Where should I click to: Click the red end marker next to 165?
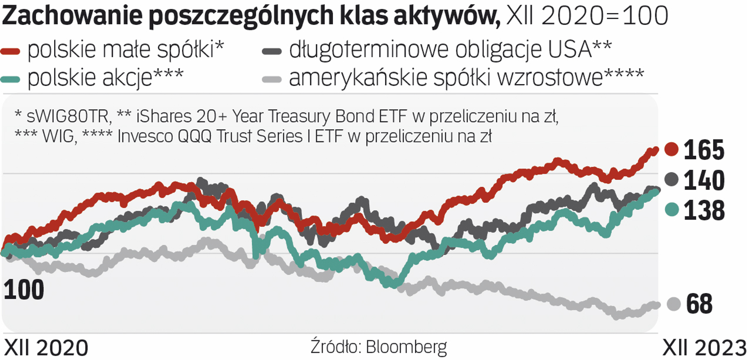pyautogui.click(x=671, y=149)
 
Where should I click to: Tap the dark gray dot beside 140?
pyautogui.click(x=671, y=179)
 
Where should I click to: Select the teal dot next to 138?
pyautogui.click(x=672, y=209)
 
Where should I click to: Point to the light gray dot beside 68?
pyautogui.click(x=673, y=304)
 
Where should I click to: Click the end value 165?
pyautogui.click(x=704, y=150)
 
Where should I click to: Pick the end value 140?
pyautogui.click(x=704, y=180)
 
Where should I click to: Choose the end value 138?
pyautogui.click(x=704, y=210)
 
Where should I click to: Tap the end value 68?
pyautogui.click(x=699, y=304)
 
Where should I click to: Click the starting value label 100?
pyautogui.click(x=24, y=290)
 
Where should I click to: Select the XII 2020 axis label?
pyautogui.click(x=46, y=348)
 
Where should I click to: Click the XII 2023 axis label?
pyautogui.click(x=704, y=348)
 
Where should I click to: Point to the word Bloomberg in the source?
pyautogui.click(x=406, y=347)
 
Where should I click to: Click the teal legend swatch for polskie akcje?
pyautogui.click(x=11, y=79)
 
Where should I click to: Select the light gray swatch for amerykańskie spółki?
pyautogui.click(x=272, y=79)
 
